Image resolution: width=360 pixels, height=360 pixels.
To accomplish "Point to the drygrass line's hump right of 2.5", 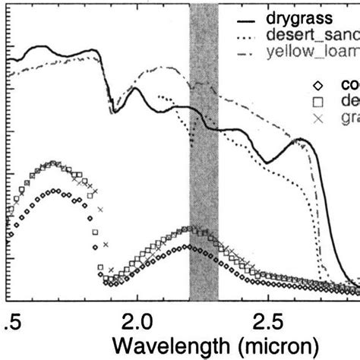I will pos(300,140).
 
